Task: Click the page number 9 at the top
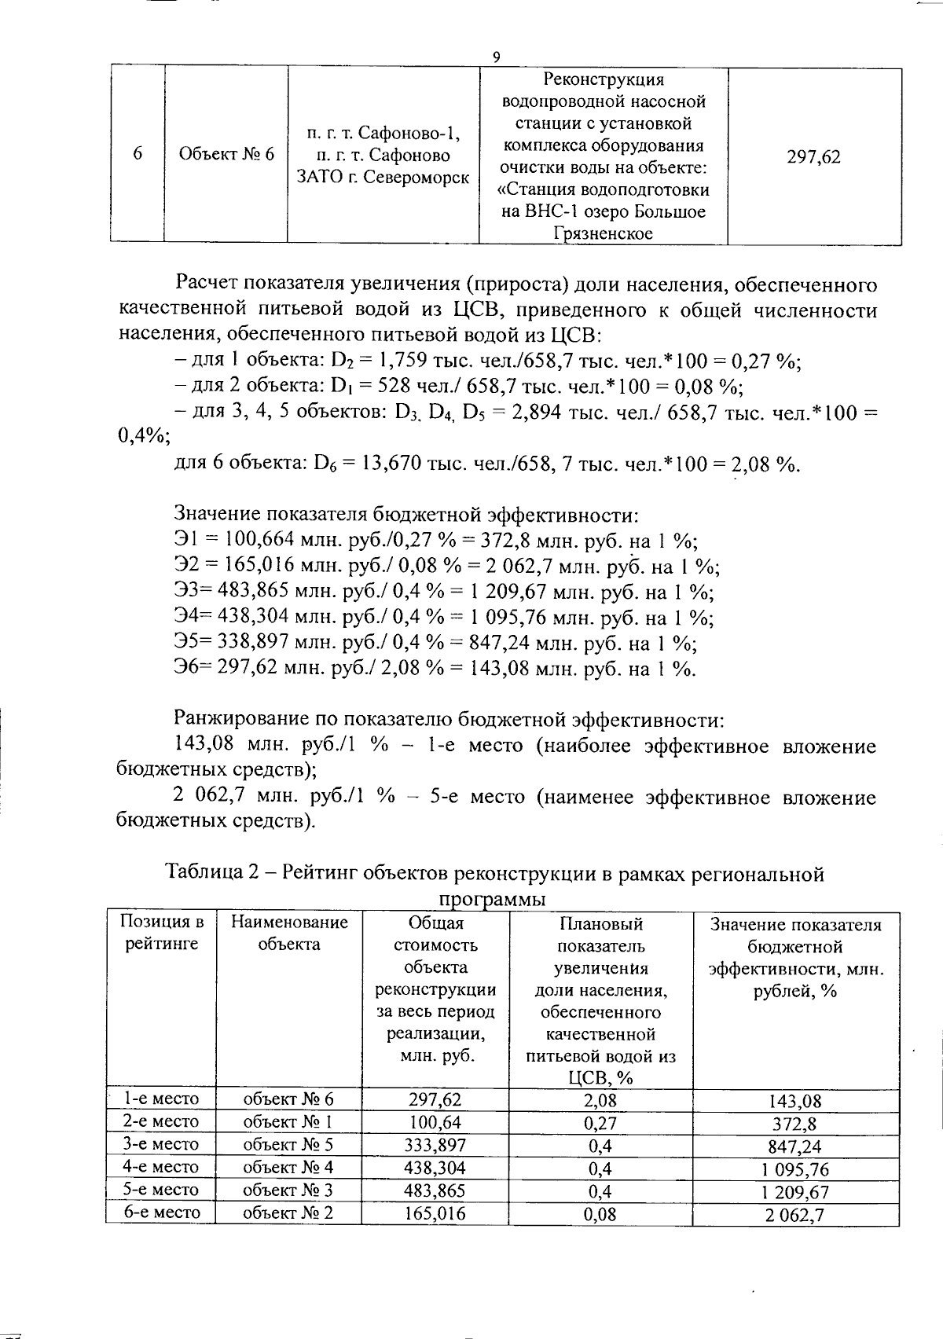click(496, 57)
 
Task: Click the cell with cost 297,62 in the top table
click(813, 156)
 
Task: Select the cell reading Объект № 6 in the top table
click(227, 154)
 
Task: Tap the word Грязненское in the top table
click(603, 233)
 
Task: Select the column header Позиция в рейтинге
click(161, 933)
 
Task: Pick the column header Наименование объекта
click(288, 933)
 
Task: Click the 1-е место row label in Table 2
click(162, 1099)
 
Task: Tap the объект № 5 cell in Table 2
click(288, 1144)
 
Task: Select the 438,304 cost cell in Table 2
click(435, 1167)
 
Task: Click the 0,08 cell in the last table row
click(600, 1213)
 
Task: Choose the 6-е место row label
click(162, 1212)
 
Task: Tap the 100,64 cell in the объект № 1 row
click(435, 1121)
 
